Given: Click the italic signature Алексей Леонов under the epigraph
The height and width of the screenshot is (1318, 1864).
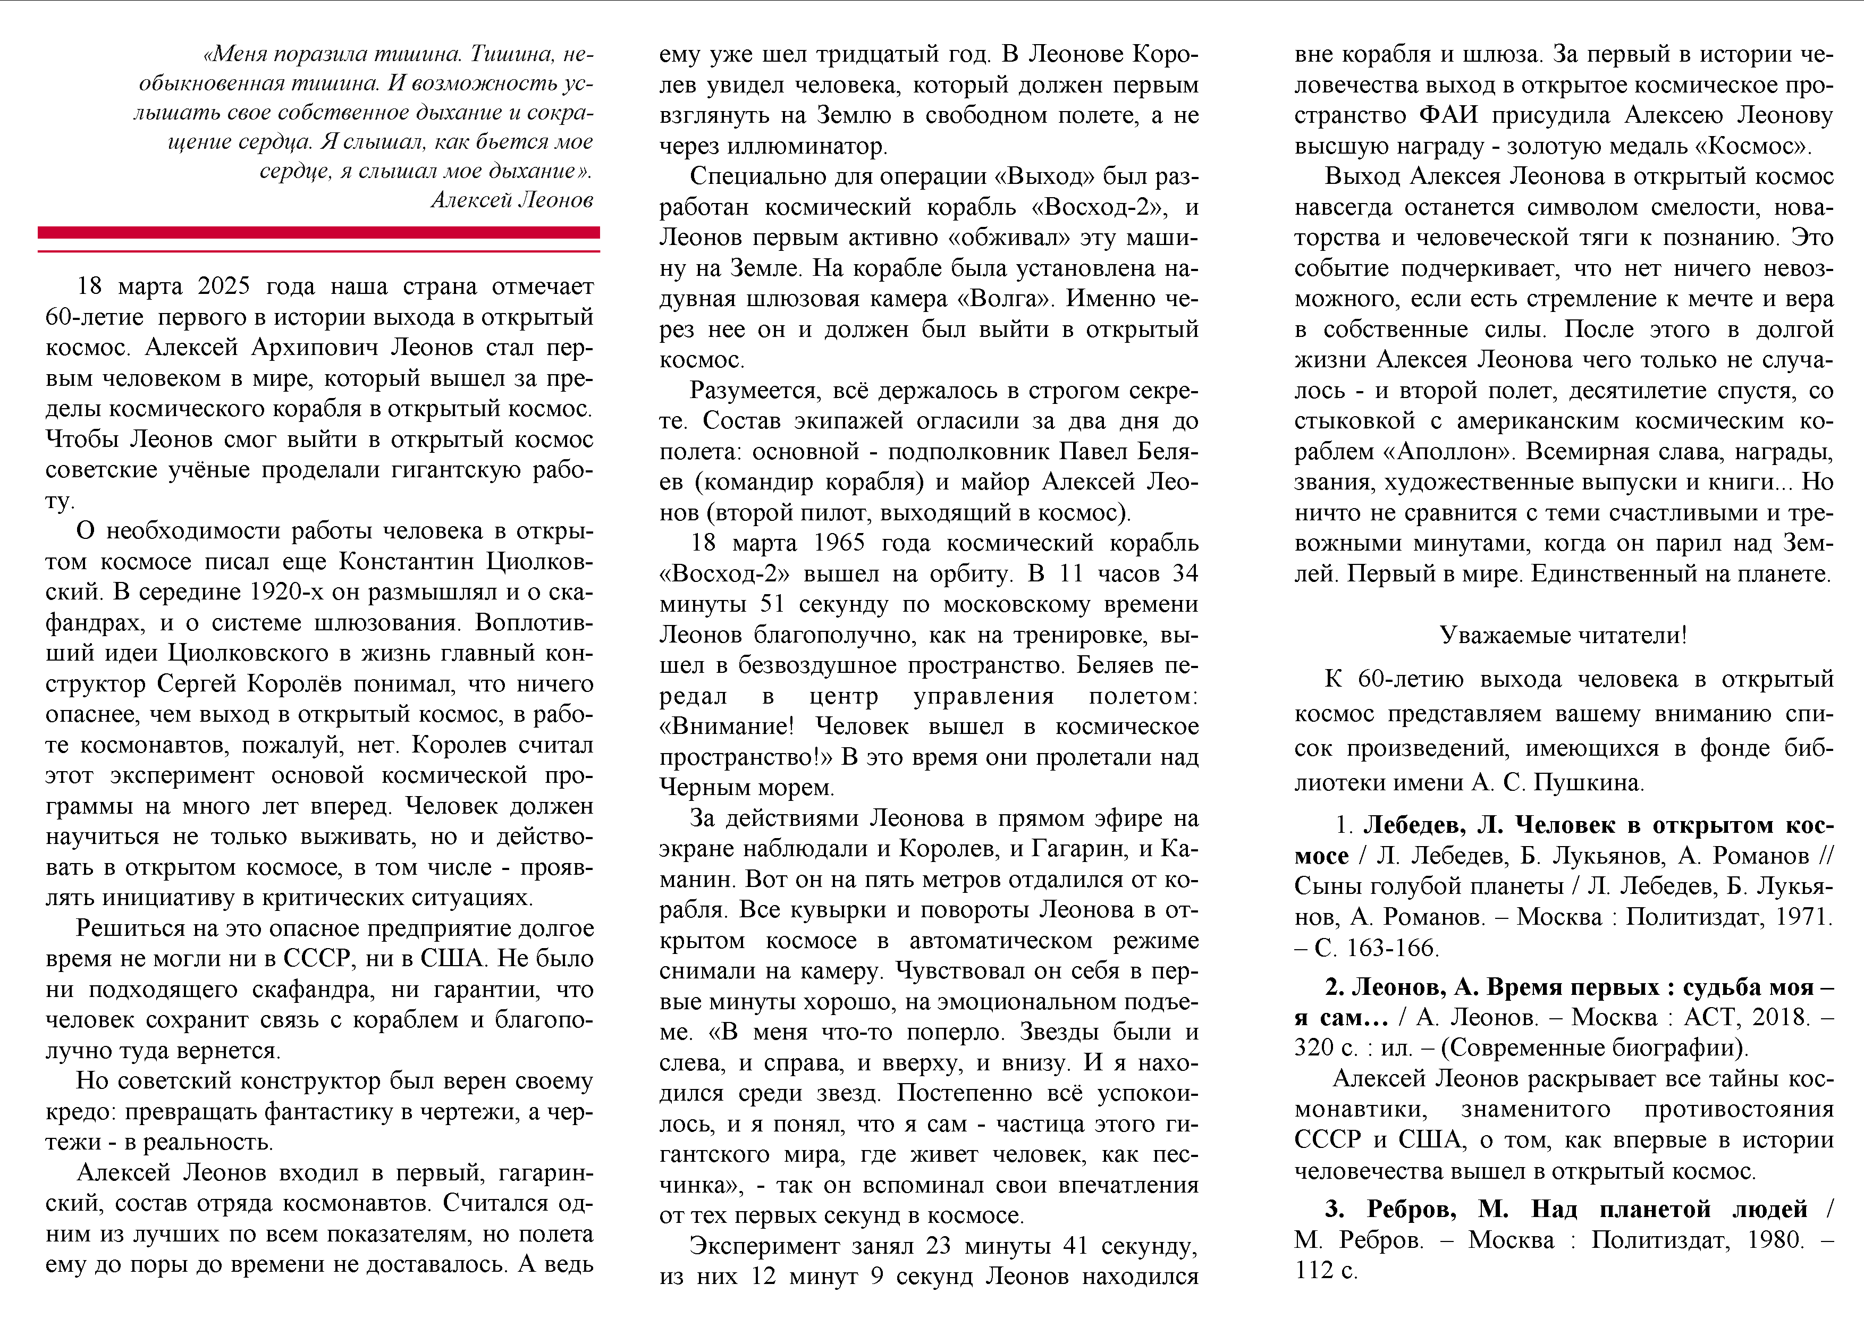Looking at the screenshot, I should pyautogui.click(x=511, y=200).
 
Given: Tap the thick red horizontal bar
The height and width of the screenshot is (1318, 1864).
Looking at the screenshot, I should pyautogui.click(x=318, y=233).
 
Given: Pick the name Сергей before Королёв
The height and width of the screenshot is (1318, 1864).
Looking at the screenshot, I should pyautogui.click(x=197, y=683).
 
